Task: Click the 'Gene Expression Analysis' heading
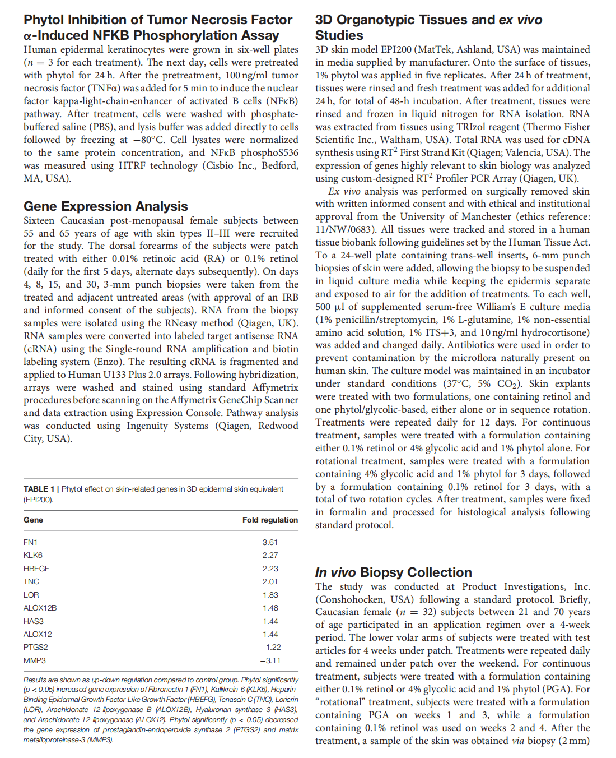[106, 206]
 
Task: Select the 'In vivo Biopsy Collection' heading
[393, 572]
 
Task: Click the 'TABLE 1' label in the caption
[39, 489]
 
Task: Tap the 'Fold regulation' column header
[270, 520]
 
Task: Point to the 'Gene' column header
[33, 520]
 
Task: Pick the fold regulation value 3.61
[270, 542]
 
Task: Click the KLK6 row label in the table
[33, 555]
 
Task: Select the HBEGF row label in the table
[36, 568]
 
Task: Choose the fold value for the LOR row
[270, 595]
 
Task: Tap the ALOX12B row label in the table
[40, 608]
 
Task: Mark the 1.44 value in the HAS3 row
[270, 621]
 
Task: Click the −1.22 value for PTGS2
[270, 647]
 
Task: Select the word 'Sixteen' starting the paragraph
[39, 220]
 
